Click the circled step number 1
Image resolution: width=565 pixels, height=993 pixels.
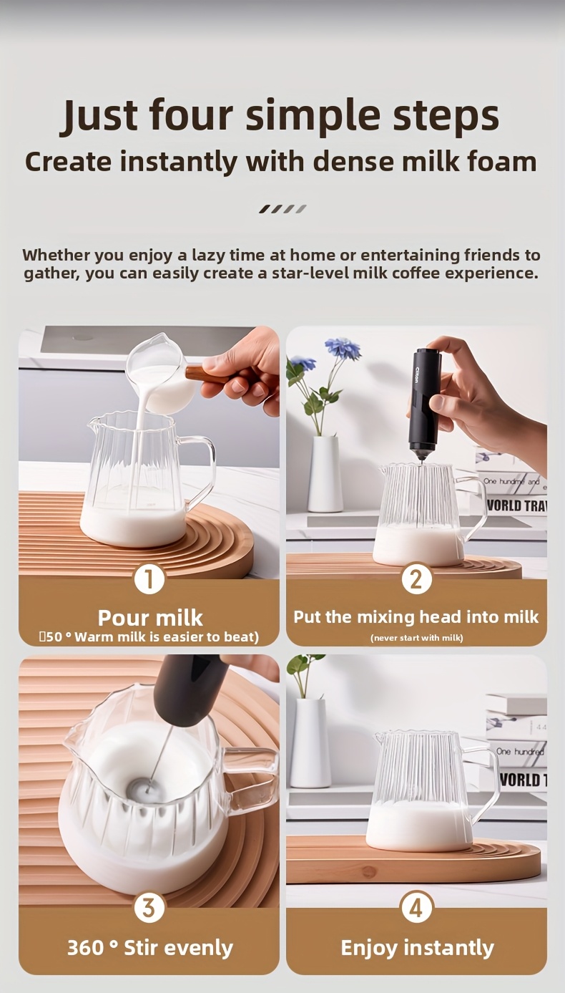149,579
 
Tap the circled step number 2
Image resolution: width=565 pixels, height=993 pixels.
417,579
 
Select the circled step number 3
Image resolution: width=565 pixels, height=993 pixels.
149,908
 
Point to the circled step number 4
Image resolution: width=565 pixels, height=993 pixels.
417,908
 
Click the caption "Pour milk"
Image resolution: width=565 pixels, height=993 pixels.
149,618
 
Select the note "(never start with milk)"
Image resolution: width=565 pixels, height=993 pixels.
417,637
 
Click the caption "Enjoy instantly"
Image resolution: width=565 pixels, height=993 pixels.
417,948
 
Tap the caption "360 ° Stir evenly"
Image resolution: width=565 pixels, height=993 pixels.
149,948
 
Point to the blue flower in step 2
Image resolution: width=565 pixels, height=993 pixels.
342,347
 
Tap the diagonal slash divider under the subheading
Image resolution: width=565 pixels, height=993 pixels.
282,209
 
